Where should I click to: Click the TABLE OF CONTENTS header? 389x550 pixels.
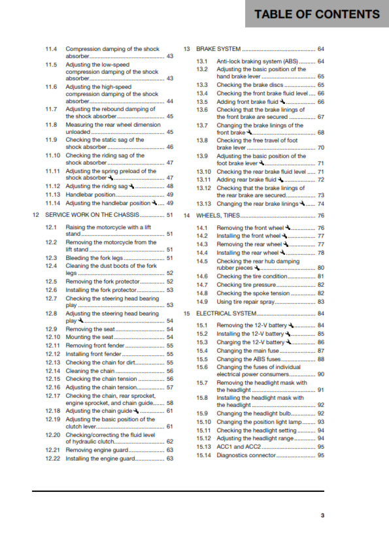coord(317,14)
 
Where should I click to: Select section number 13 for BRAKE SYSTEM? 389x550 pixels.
coord(186,49)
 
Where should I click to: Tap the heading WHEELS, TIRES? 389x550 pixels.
coord(218,216)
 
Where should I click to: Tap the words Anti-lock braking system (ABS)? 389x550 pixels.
coord(257,61)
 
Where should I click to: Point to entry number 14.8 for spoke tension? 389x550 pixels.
coord(203,293)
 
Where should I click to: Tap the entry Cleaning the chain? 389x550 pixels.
coord(92,370)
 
